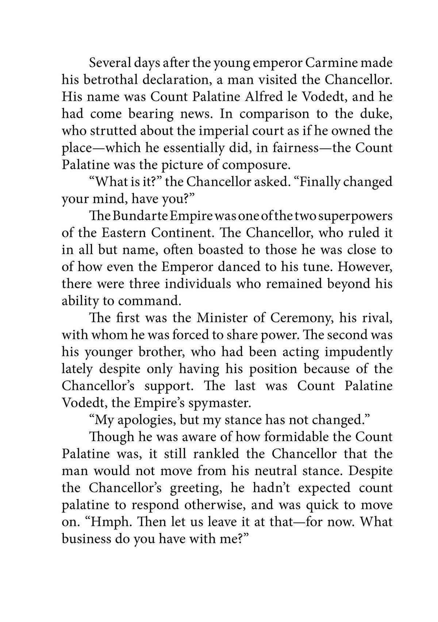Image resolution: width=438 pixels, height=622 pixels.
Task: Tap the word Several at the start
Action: click(109, 63)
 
